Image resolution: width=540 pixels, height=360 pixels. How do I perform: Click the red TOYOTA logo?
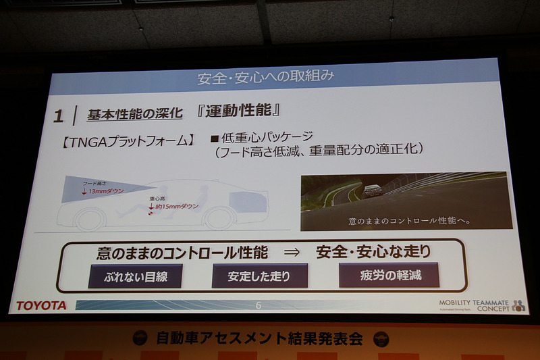click(x=42, y=305)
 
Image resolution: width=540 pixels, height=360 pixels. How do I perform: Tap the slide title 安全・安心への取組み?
click(x=265, y=76)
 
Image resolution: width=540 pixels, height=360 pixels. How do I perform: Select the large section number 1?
click(x=59, y=116)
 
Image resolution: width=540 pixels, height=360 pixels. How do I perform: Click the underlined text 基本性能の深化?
click(x=135, y=114)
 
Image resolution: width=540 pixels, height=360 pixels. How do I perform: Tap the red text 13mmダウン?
click(x=106, y=191)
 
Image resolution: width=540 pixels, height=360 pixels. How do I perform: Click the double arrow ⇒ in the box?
click(x=291, y=253)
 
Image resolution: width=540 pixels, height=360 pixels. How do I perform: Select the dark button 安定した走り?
click(x=260, y=276)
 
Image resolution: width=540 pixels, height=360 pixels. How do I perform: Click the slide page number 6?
click(x=258, y=305)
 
